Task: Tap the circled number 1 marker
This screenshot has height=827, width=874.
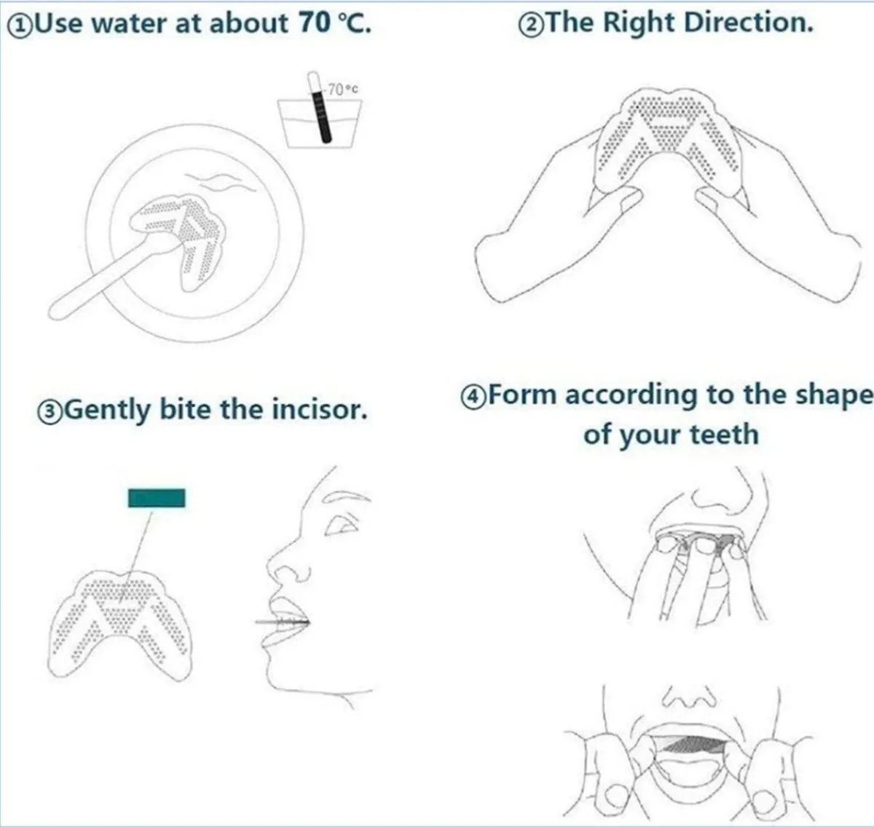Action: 20,26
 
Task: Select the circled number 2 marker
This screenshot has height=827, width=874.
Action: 531,25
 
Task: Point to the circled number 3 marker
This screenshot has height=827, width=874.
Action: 50,412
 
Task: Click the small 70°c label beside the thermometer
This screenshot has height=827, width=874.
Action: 342,90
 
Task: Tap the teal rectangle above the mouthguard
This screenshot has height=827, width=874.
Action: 157,497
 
